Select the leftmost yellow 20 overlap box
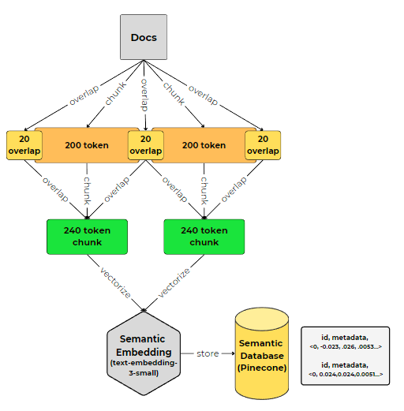(24, 145)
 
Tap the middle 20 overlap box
(145, 145)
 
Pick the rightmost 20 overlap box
(262, 145)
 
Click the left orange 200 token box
(85, 145)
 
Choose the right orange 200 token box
(204, 145)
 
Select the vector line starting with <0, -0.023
(345, 346)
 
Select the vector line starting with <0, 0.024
(345, 375)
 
